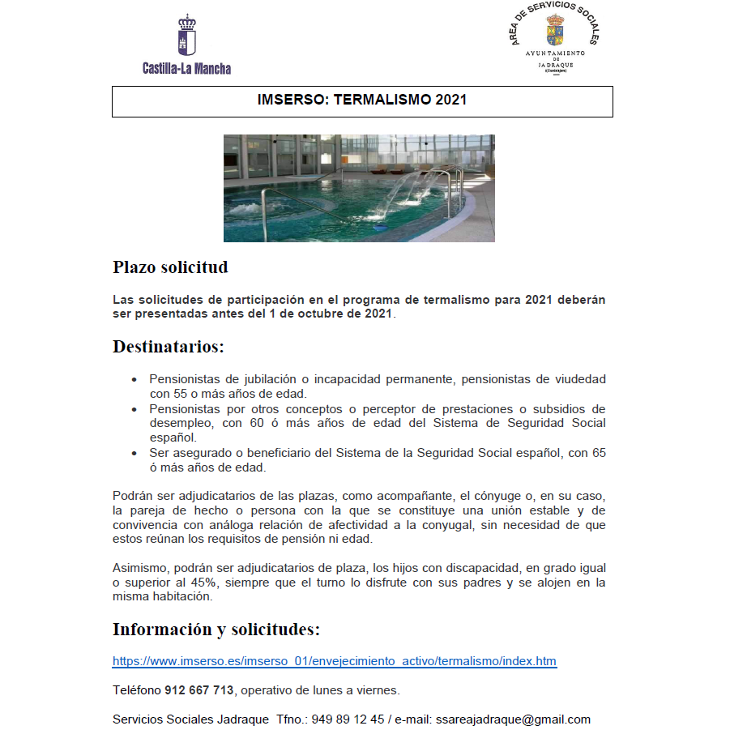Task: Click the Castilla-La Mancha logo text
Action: (186, 69)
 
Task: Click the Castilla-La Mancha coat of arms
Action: (186, 36)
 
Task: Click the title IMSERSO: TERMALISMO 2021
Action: (361, 101)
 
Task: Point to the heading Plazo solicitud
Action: (170, 267)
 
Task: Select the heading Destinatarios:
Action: (168, 347)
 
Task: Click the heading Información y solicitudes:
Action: (216, 630)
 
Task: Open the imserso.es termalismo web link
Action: (334, 661)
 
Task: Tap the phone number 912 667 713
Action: (199, 690)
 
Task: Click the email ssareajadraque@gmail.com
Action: (513, 719)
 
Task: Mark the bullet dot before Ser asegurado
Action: (134, 454)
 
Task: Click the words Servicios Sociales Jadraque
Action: (190, 719)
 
